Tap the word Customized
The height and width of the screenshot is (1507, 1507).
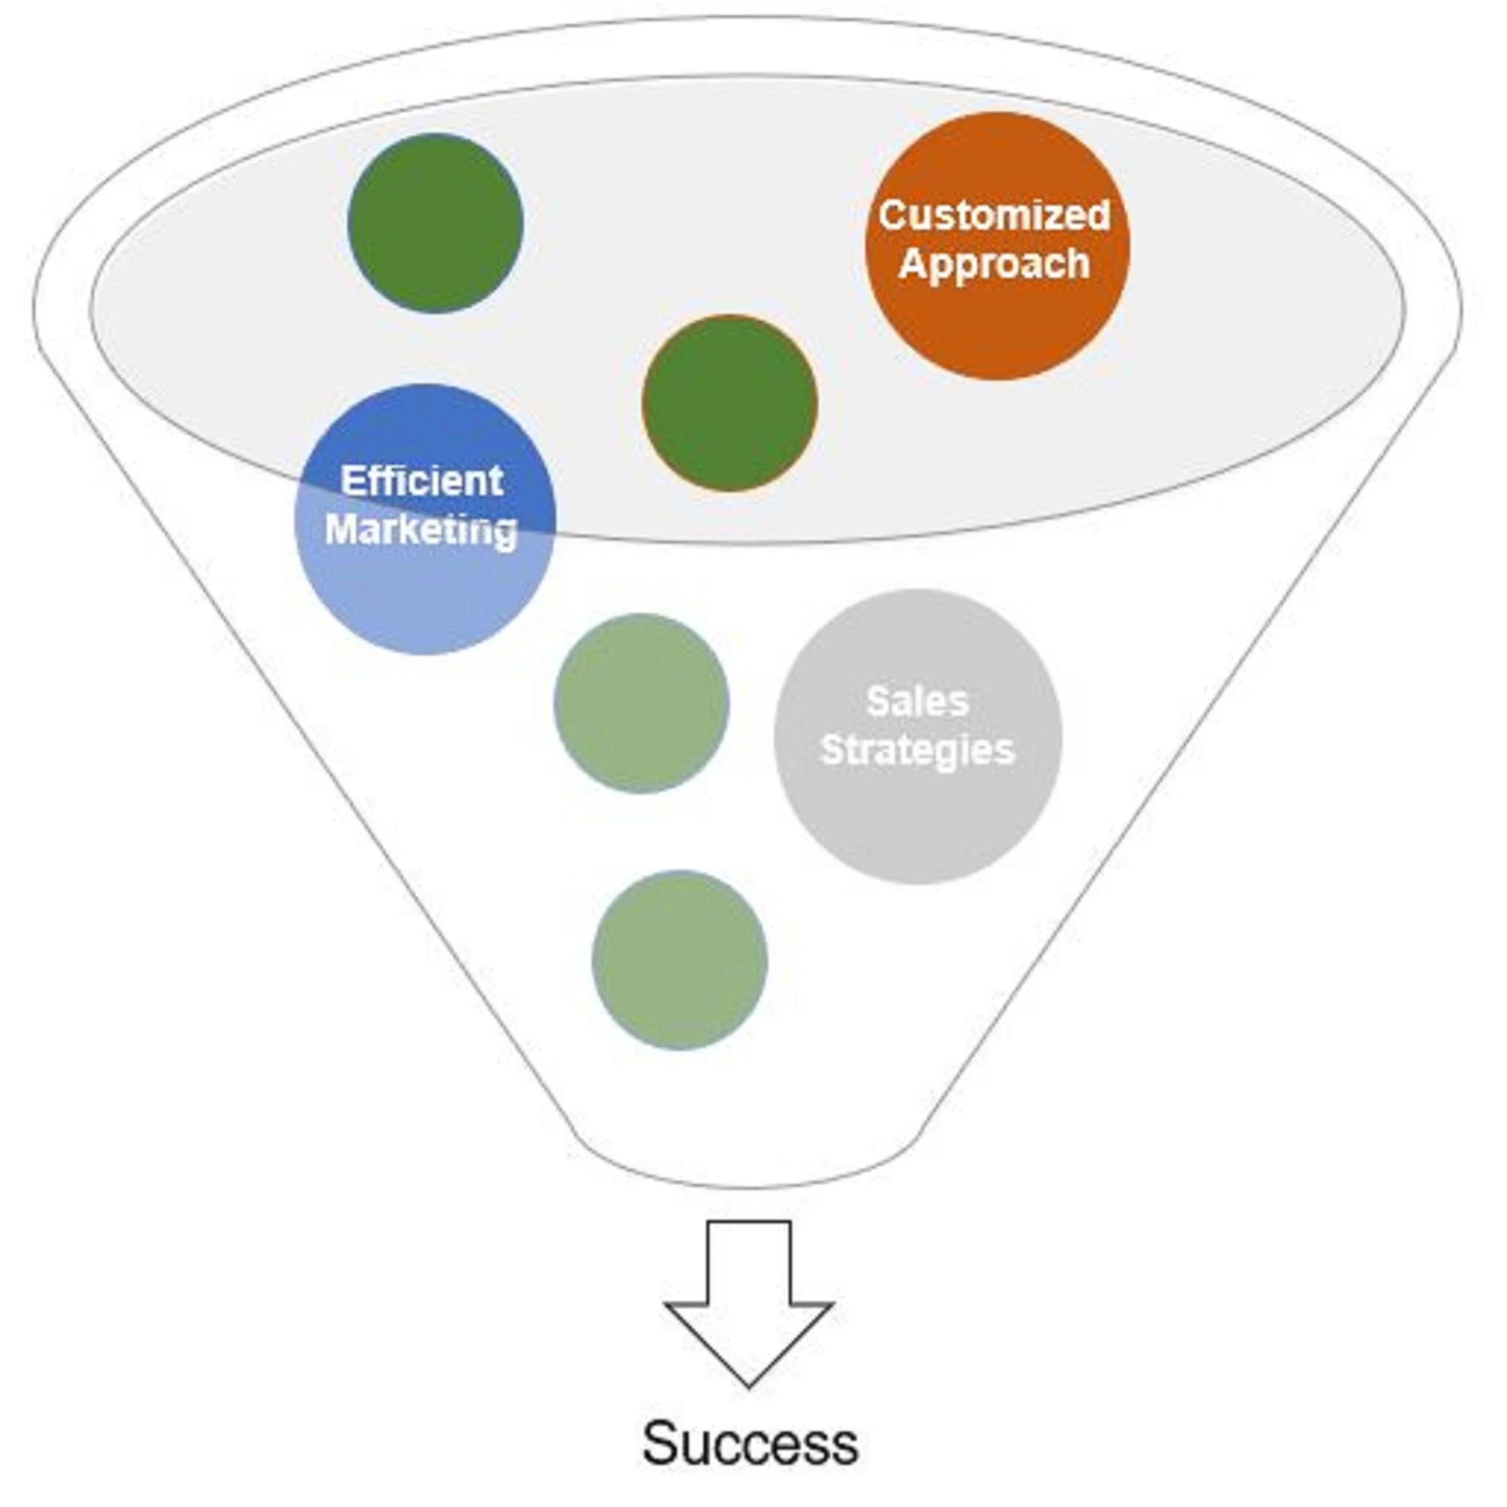pyautogui.click(x=995, y=215)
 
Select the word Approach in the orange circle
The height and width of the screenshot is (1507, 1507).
pyautogui.click(x=995, y=263)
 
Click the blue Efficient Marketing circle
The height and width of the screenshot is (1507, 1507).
pyautogui.click(x=425, y=593)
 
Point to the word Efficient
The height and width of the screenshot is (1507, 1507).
pyautogui.click(x=422, y=480)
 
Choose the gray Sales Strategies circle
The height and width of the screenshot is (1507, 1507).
pyautogui.click(x=918, y=819)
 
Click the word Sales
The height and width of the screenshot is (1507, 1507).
pyautogui.click(x=917, y=701)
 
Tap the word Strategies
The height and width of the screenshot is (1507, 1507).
pyautogui.click(x=917, y=750)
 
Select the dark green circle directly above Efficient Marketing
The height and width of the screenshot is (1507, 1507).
pyautogui.click(x=435, y=223)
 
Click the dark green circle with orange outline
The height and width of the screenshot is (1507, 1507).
pyautogui.click(x=729, y=403)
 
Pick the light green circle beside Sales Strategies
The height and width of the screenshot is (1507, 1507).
pyautogui.click(x=641, y=703)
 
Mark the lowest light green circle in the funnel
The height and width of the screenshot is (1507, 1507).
pyautogui.click(x=679, y=960)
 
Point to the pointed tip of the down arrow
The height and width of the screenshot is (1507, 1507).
pyautogui.click(x=749, y=1384)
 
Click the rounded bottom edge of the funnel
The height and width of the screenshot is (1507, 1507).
pyautogui.click(x=749, y=1186)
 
